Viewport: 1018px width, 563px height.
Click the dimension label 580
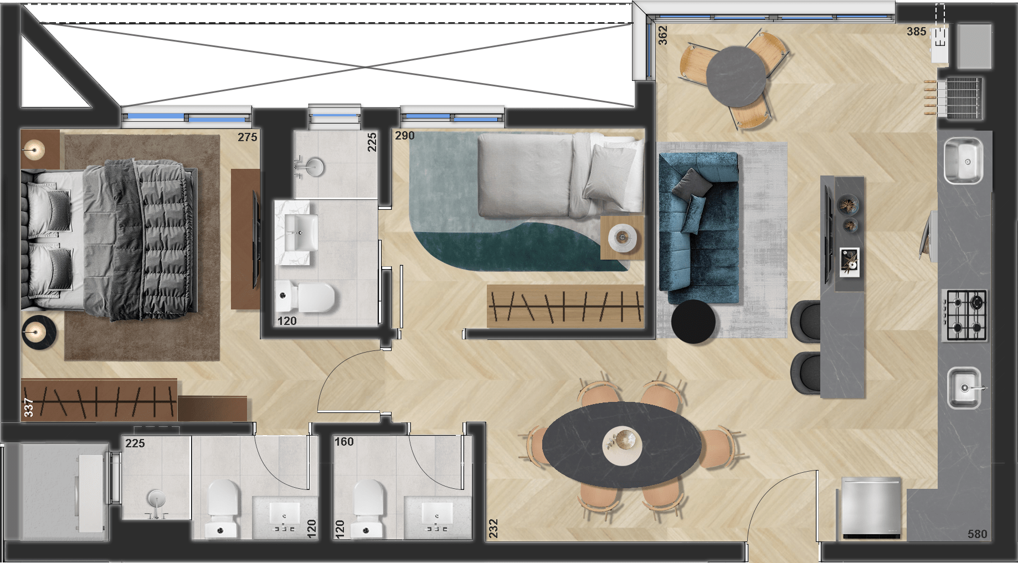coord(977,534)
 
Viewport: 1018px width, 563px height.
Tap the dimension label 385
coord(916,32)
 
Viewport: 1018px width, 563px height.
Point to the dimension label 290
coord(404,136)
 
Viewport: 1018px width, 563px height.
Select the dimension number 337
coord(29,407)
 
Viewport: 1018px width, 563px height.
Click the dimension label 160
coord(344,442)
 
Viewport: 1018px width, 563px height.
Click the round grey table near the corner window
coord(736,76)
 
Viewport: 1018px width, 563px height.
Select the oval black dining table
coord(623,445)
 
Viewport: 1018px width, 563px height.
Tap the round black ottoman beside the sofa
coord(693,322)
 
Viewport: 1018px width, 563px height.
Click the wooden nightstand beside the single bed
coord(622,237)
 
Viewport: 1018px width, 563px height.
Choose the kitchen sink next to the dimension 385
coord(963,161)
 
